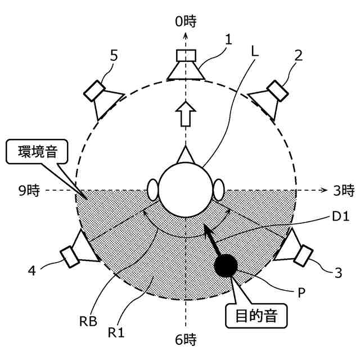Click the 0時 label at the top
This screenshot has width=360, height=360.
pyautogui.click(x=186, y=22)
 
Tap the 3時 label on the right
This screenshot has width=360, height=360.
pyautogui.click(x=342, y=191)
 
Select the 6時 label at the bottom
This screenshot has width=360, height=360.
pyautogui.click(x=185, y=339)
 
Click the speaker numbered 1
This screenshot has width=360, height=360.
pyautogui.click(x=185, y=65)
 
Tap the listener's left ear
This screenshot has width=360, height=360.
pyautogui.click(x=152, y=189)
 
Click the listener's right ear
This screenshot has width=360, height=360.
pyautogui.click(x=219, y=189)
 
